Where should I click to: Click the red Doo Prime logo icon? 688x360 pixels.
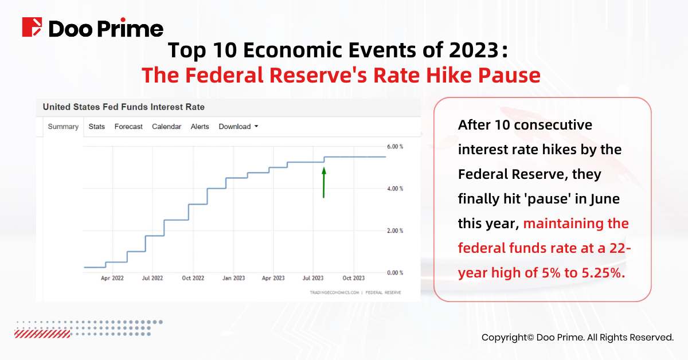pos(32,27)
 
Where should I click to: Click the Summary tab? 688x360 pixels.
pos(63,127)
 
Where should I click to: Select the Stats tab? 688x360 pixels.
pos(97,127)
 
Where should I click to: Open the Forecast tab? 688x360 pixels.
pos(128,127)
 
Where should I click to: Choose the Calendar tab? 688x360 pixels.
pos(166,127)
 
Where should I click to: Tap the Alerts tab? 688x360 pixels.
pos(200,127)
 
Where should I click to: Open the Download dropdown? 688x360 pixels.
pos(239,127)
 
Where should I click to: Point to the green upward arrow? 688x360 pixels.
pos(324,182)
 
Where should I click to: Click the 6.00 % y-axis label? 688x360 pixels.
pos(395,147)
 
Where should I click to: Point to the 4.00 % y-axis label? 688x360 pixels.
pos(395,189)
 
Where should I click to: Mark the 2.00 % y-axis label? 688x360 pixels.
pos(395,230)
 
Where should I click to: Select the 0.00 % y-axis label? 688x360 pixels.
pos(395,273)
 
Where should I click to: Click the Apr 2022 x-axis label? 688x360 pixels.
pos(112,278)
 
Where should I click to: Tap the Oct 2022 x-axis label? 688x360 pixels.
pos(193,278)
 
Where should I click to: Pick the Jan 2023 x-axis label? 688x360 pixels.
pos(233,278)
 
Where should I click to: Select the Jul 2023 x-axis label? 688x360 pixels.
pos(313,278)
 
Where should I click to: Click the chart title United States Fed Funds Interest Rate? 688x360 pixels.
pos(123,107)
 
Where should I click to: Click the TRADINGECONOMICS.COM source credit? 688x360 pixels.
pos(334,292)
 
